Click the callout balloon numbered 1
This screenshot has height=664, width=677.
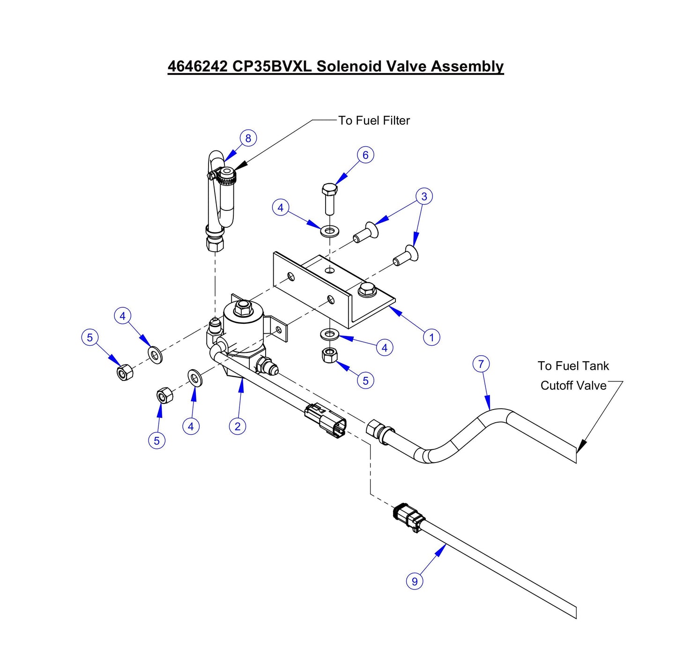point(431,337)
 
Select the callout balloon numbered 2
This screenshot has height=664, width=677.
point(238,426)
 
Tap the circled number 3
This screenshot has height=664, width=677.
point(424,196)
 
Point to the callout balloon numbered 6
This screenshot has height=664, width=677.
point(365,155)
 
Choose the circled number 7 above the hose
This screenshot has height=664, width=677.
point(481,364)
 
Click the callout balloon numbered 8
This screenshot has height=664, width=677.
point(248,138)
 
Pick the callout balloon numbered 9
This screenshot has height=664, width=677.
point(414,581)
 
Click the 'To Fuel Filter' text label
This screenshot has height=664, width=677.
point(374,120)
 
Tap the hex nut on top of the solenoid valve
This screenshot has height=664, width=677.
point(242,308)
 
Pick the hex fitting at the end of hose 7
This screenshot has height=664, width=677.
point(376,427)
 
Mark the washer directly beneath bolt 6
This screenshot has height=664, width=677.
point(330,231)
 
